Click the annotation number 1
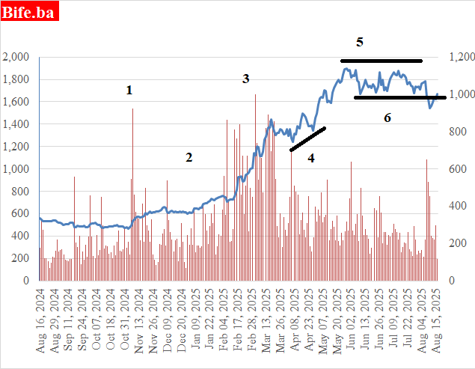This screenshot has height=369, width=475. [x=129, y=91]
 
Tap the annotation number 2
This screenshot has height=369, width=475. [x=189, y=157]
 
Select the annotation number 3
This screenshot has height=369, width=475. [x=245, y=79]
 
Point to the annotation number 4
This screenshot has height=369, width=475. [x=311, y=158]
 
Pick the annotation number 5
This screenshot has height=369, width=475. [x=360, y=42]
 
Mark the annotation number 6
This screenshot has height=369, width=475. [x=387, y=118]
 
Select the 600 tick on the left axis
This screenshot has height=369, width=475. [x=19, y=214]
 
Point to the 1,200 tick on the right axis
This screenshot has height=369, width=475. [x=460, y=57]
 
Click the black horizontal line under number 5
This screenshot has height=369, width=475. [x=381, y=60]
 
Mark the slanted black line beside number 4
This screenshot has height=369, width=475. [x=307, y=139]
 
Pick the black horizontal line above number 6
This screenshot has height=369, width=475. [x=399, y=97]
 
